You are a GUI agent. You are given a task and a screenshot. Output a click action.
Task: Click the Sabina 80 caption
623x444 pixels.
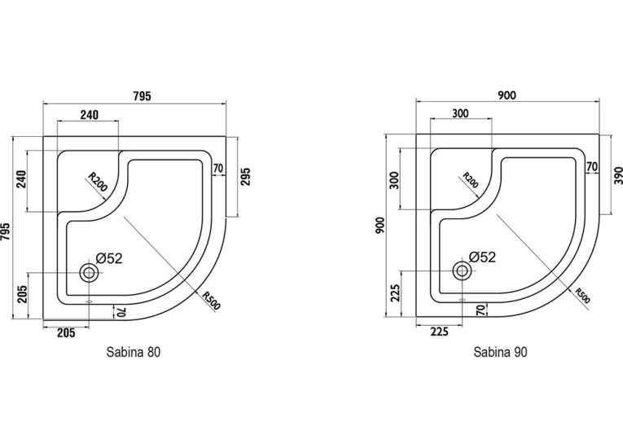[134, 352]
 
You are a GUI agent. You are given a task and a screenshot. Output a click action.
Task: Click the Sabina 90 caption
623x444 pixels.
[500, 352]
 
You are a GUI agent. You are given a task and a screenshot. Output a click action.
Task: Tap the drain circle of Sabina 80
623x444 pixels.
[89, 273]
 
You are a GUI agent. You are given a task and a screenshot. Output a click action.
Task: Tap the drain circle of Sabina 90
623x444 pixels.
[462, 270]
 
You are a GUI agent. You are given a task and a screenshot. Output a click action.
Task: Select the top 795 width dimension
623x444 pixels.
[142, 96]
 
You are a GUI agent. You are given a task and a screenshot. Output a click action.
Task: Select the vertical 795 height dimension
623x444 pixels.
[6, 231]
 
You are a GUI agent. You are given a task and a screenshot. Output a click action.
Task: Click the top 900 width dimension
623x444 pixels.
[507, 95]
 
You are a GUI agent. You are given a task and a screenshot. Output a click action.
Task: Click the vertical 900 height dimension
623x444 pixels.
[380, 226]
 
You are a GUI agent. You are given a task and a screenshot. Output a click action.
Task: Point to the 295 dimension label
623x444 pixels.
[246, 177]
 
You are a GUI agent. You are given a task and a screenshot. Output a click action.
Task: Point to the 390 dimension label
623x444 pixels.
[618, 175]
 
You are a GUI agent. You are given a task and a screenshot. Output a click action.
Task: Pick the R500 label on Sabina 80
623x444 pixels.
[211, 301]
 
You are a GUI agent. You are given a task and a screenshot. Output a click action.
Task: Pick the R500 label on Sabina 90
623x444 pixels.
[583, 296]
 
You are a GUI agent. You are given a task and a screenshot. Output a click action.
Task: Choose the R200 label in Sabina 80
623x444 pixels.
[98, 182]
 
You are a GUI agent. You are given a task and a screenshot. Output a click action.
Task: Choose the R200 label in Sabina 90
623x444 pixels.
[471, 180]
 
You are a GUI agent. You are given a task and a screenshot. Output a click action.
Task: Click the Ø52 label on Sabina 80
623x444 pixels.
[109, 259]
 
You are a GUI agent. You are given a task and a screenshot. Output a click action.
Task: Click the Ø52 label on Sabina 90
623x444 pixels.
[482, 257]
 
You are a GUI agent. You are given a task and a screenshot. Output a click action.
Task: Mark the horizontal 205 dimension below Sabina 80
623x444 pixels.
[66, 332]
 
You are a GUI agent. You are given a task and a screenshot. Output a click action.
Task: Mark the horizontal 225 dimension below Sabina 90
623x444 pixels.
[439, 332]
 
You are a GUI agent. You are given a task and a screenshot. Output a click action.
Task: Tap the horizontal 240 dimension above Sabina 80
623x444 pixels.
[89, 115]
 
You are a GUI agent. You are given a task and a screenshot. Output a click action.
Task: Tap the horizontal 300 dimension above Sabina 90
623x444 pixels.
[460, 113]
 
